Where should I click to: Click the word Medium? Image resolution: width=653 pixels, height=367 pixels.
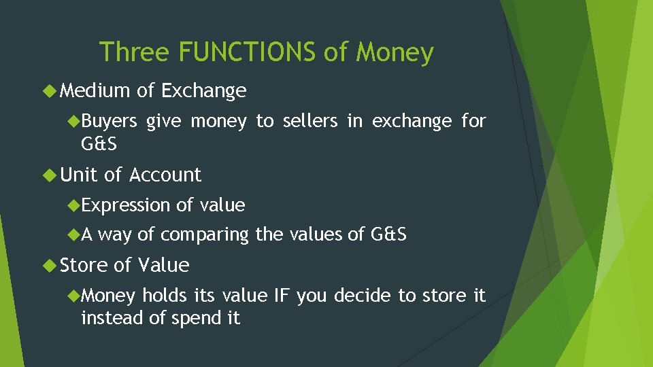click(95, 90)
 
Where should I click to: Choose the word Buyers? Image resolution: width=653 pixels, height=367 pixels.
click(109, 121)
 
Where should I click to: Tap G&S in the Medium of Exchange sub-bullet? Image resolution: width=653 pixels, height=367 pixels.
click(99, 143)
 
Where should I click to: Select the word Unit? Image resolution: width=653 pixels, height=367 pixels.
click(79, 175)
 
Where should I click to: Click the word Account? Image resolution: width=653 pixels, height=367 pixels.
click(165, 175)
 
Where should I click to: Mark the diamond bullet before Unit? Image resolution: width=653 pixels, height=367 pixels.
click(51, 175)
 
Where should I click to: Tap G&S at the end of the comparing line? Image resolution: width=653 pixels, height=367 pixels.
click(388, 234)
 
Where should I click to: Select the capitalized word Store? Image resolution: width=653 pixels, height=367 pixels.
click(84, 265)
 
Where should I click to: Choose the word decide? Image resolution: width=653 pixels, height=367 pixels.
click(364, 296)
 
